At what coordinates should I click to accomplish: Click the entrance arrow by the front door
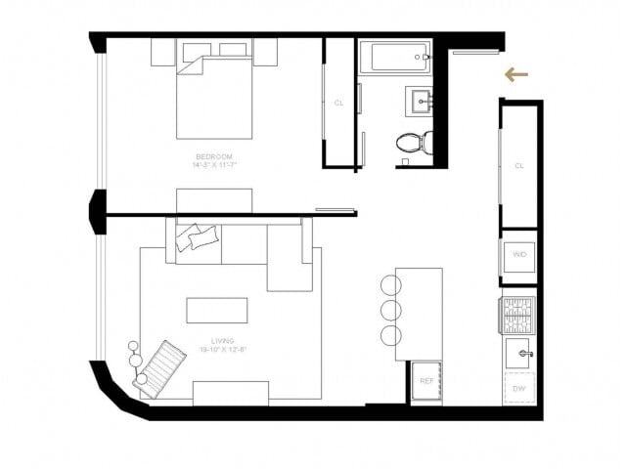tap(516, 74)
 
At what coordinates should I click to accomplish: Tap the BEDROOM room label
tap(213, 157)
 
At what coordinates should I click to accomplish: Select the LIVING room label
tap(222, 340)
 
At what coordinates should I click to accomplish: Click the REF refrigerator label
tap(426, 379)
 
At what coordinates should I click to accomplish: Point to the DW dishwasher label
tap(518, 388)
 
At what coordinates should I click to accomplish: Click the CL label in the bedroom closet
tap(338, 102)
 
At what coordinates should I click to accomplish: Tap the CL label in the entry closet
tap(519, 166)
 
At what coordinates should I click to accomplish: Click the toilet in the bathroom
tap(415, 144)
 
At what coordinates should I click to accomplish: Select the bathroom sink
tap(422, 101)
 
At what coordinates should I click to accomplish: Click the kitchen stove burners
tap(518, 314)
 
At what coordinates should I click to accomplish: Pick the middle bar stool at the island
tap(390, 311)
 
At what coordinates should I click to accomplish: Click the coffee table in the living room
tap(217, 311)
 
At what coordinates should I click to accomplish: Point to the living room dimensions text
tap(222, 349)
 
